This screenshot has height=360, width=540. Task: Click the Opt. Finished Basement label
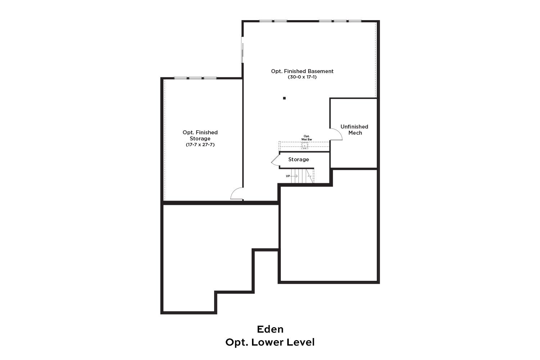tap(302, 71)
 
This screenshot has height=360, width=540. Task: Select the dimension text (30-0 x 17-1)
tap(302, 77)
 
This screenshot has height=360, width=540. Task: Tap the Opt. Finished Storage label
tap(200, 135)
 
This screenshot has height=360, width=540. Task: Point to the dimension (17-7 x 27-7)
tap(200, 145)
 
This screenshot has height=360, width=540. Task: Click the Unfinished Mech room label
tap(354, 130)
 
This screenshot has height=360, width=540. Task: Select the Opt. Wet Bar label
tap(306, 138)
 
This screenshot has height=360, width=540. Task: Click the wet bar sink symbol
tap(305, 145)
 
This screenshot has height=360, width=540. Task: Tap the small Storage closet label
tap(298, 159)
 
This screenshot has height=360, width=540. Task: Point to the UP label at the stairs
tap(288, 176)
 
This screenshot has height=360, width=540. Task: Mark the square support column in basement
tap(284, 98)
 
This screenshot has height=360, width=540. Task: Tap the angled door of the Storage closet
tap(275, 160)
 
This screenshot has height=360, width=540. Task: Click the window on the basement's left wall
tap(242, 50)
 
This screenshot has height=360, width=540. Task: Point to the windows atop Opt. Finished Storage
tap(195, 78)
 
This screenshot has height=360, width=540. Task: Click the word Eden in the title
tap(270, 329)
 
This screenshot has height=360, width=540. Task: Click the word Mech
tap(355, 133)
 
